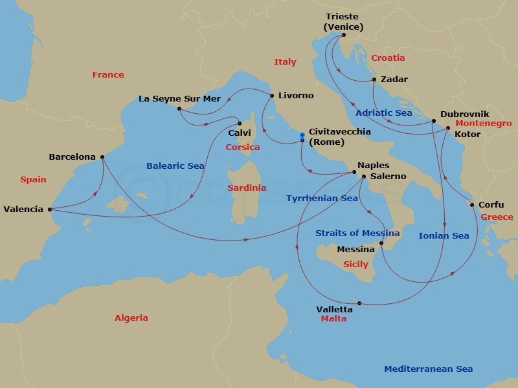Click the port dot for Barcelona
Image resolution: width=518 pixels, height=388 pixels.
[102, 156]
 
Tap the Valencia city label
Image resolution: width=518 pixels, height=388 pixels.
[23, 209]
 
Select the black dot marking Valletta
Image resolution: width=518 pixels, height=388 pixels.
[359, 303]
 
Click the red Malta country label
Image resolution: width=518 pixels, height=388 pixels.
[333, 319]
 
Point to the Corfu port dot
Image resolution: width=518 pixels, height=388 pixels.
[472, 205]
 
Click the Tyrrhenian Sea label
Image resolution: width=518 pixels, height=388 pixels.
[322, 199]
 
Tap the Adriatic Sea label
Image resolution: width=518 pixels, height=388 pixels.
[384, 113]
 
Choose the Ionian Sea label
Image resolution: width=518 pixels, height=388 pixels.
[444, 235]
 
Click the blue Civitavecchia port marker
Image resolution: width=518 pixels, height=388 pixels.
[302, 135]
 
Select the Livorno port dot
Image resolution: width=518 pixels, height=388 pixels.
[272, 96]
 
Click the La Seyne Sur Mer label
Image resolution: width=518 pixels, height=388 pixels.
[179, 99]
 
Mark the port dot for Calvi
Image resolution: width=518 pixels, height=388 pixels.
[239, 123]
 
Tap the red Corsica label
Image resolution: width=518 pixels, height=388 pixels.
[242, 147]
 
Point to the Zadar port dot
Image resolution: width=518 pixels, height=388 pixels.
[374, 80]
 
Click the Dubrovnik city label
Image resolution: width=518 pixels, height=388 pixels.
[464, 114]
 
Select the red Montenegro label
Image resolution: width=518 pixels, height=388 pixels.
[483, 124]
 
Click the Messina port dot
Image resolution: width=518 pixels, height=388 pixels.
[382, 243]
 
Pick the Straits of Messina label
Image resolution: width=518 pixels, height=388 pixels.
[357, 233]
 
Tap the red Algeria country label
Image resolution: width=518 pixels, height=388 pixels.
[131, 318]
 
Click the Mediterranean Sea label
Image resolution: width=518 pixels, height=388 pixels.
[428, 369]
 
